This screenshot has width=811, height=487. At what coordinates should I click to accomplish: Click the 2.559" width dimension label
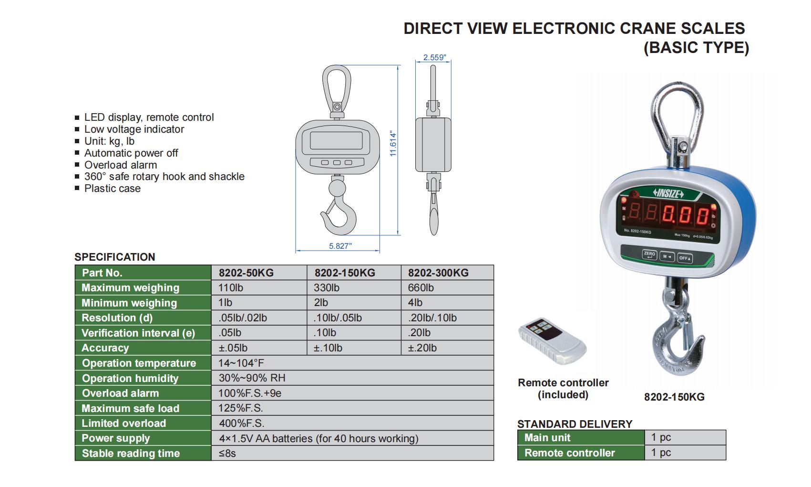click(x=434, y=58)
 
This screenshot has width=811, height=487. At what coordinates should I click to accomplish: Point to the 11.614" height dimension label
click(x=393, y=144)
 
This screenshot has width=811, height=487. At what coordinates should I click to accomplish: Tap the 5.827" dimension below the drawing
click(x=340, y=246)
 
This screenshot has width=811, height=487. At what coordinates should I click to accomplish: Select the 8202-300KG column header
click(x=438, y=273)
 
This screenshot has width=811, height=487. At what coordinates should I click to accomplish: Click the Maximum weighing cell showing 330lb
click(x=327, y=287)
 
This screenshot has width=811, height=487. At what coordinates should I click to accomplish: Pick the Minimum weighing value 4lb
click(x=415, y=303)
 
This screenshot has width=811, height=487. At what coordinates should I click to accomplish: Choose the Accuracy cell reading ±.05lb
click(x=233, y=348)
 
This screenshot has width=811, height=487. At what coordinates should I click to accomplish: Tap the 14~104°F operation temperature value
click(x=241, y=363)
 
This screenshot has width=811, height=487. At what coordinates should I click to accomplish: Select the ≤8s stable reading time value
click(x=227, y=453)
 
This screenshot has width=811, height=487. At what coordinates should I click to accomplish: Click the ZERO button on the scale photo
click(x=649, y=254)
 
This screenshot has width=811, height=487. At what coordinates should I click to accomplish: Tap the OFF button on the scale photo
click(x=685, y=258)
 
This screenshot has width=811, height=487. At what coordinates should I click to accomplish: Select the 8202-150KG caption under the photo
click(x=674, y=397)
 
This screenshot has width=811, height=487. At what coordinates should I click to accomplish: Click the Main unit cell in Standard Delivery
click(x=547, y=437)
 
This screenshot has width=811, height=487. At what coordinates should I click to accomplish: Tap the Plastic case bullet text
click(x=112, y=189)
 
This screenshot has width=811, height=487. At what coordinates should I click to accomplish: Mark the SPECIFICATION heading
click(x=114, y=257)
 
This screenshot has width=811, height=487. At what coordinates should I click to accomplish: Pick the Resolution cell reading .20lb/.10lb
click(x=432, y=318)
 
